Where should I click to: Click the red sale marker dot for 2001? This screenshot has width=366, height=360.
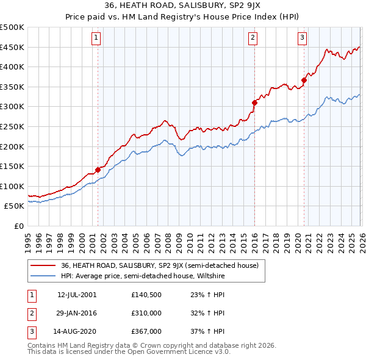98,170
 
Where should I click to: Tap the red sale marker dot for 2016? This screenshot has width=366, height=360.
254,103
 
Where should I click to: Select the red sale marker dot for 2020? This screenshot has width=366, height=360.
304,80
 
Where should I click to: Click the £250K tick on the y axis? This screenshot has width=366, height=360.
12,126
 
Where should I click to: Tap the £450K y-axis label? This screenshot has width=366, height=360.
12,47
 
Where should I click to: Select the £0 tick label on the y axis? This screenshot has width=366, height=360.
18,226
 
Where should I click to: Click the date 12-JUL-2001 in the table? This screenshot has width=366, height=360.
77,294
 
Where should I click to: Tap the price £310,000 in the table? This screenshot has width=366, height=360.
146,313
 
